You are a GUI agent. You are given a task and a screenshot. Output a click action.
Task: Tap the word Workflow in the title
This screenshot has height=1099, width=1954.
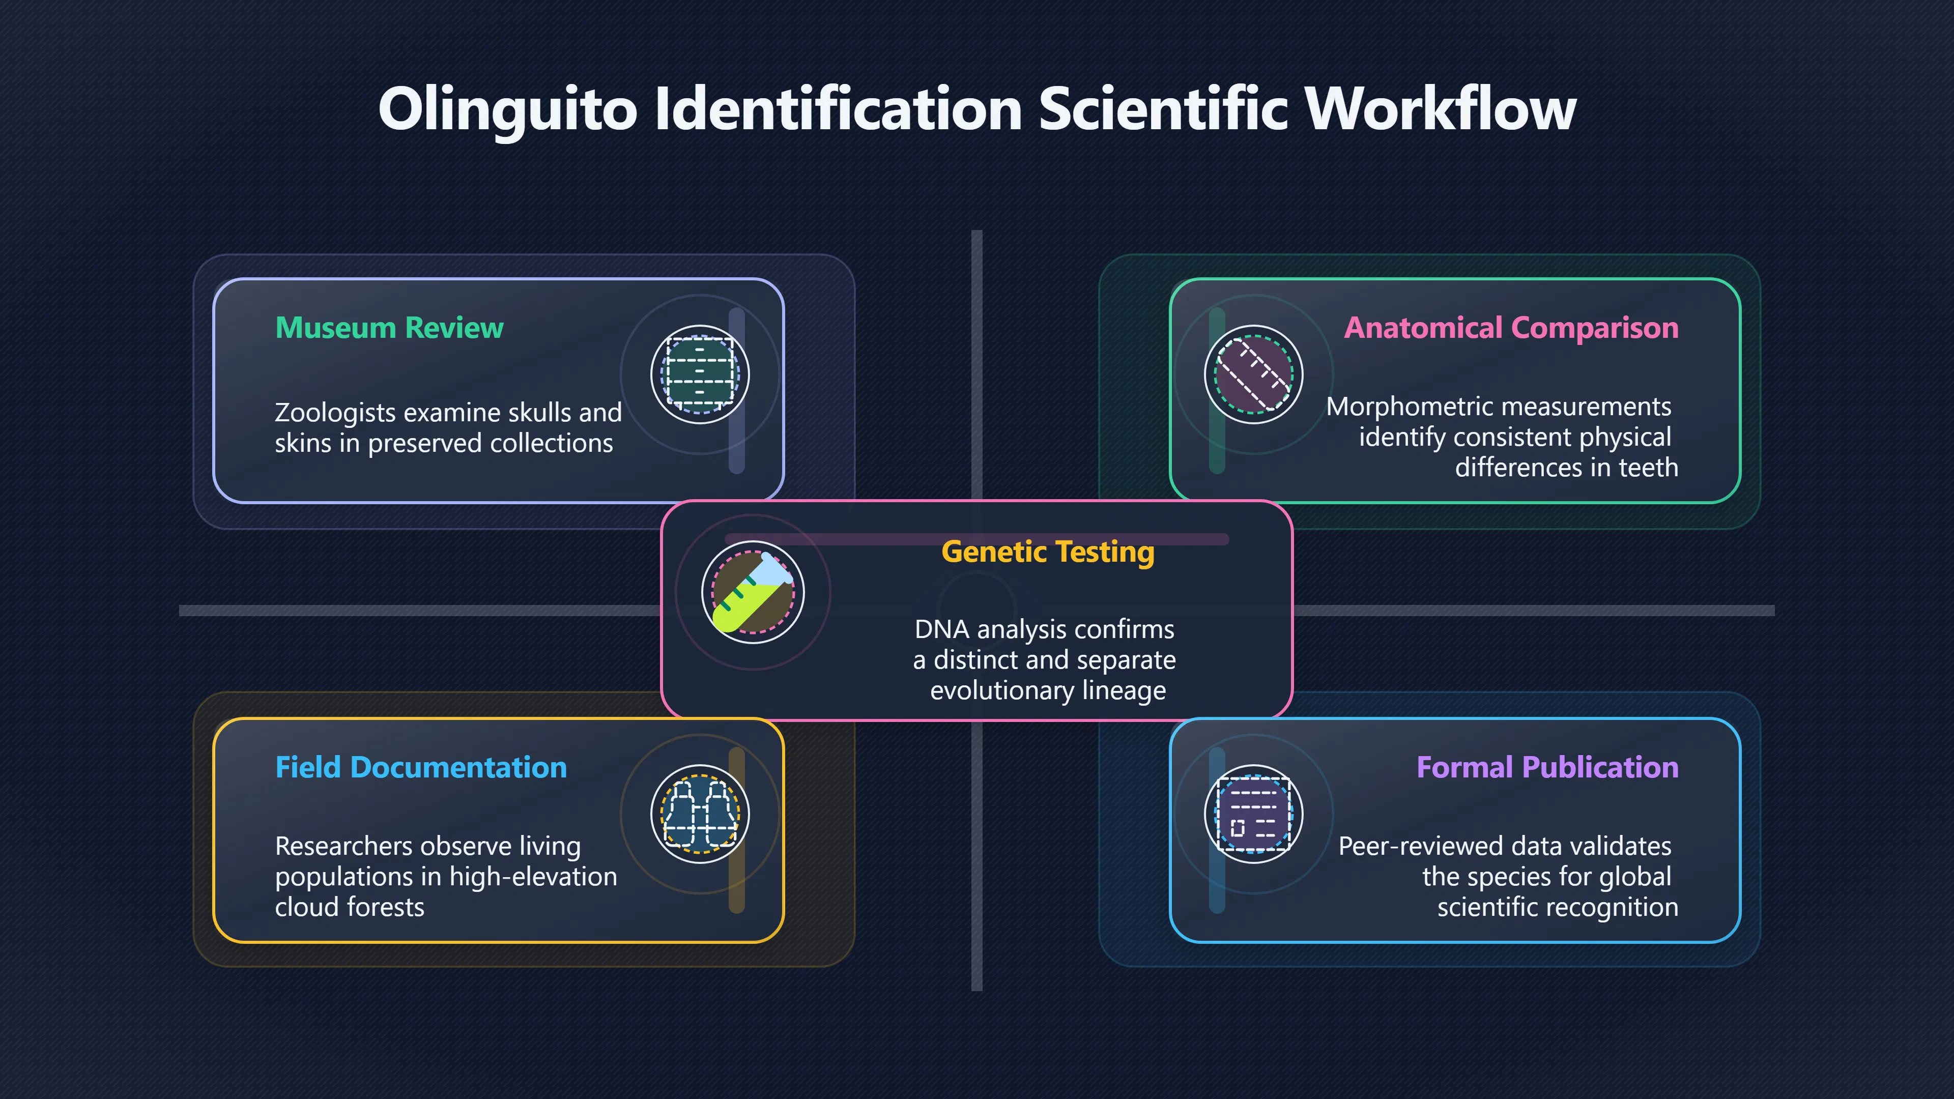click(1441, 108)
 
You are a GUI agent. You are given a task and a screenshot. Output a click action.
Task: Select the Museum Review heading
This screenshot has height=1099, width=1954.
click(389, 328)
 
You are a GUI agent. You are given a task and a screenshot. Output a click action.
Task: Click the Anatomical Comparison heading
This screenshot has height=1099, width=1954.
click(1511, 328)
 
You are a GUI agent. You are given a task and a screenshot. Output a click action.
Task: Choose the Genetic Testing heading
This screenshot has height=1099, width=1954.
click(1048, 552)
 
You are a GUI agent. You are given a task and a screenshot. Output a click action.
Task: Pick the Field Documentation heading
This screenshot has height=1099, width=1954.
click(421, 768)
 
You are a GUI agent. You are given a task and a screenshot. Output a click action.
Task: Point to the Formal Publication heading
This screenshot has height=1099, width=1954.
click(1547, 768)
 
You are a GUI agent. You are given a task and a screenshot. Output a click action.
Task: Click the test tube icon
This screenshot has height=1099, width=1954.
click(753, 592)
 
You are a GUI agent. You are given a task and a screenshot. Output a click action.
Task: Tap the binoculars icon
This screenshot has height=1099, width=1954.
click(700, 814)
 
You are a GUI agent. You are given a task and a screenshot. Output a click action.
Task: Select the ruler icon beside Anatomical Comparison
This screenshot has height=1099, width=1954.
click(1254, 374)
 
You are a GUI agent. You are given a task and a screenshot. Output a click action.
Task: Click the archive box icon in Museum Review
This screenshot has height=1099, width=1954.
click(700, 374)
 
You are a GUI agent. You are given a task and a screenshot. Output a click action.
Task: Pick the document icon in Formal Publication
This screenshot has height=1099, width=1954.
click(1254, 814)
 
